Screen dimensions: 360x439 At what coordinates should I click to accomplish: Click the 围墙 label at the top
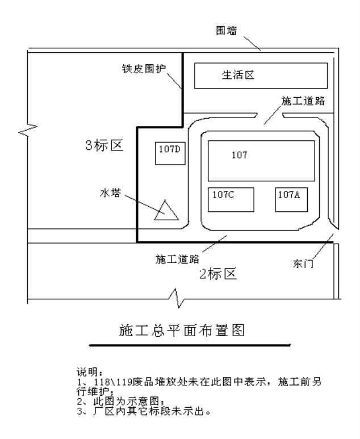(x=227, y=31)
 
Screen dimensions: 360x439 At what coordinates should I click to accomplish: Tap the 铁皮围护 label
(x=144, y=69)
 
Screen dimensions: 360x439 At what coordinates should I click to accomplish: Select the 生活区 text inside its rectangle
(x=238, y=75)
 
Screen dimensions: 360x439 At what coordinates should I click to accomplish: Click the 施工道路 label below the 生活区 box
(x=303, y=101)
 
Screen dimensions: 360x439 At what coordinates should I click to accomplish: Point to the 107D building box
(x=170, y=153)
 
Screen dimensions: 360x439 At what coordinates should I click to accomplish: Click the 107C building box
(x=231, y=199)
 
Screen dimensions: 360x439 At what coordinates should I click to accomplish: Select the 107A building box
(x=291, y=199)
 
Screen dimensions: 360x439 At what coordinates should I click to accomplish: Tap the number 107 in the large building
(x=240, y=155)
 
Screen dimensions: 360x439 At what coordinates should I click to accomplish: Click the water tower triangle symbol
(x=166, y=210)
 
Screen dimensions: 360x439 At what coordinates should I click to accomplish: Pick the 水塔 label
(x=110, y=193)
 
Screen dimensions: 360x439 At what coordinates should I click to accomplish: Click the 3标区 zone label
(x=104, y=145)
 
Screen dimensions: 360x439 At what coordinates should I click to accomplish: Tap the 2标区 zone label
(x=218, y=274)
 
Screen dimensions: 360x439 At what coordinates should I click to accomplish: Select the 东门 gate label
(x=303, y=264)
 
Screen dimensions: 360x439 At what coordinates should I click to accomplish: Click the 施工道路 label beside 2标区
(x=178, y=259)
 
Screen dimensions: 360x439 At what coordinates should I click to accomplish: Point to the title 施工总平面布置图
(x=182, y=331)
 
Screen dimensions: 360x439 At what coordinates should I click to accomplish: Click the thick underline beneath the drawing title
(x=190, y=345)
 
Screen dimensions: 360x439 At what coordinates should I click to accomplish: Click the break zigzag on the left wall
(x=28, y=130)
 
